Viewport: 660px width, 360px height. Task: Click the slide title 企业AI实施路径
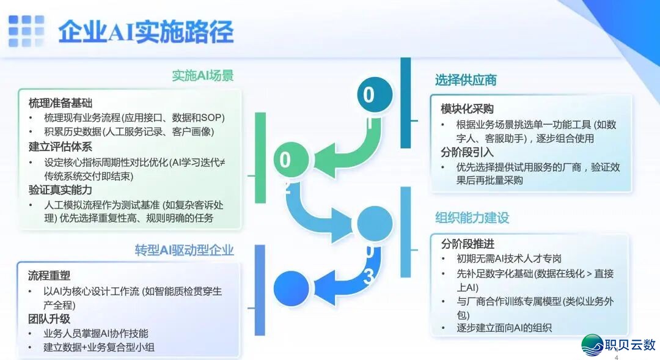click(146, 31)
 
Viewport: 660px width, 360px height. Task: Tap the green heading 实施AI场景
click(202, 76)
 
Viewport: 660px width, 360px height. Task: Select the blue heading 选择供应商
click(466, 80)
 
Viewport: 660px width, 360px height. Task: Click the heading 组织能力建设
click(472, 218)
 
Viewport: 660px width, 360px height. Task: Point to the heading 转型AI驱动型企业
click(184, 250)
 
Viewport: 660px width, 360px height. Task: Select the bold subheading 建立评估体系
click(61, 147)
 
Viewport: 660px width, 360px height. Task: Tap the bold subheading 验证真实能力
click(61, 190)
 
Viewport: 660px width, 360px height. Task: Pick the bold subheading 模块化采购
click(467, 109)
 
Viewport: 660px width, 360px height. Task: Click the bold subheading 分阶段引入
click(467, 152)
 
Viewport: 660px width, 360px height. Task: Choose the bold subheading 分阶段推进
click(467, 244)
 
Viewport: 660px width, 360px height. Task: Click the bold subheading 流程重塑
click(49, 276)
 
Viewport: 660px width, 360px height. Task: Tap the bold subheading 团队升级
click(49, 318)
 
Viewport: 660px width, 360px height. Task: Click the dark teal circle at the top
click(375, 95)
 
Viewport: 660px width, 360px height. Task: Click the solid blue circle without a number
click(291, 288)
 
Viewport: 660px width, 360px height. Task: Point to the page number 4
click(616, 357)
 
